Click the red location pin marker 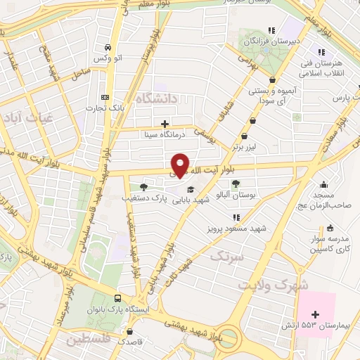pos(181,164)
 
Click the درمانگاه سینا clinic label pos(162,134)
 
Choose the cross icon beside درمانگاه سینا pos(165,124)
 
